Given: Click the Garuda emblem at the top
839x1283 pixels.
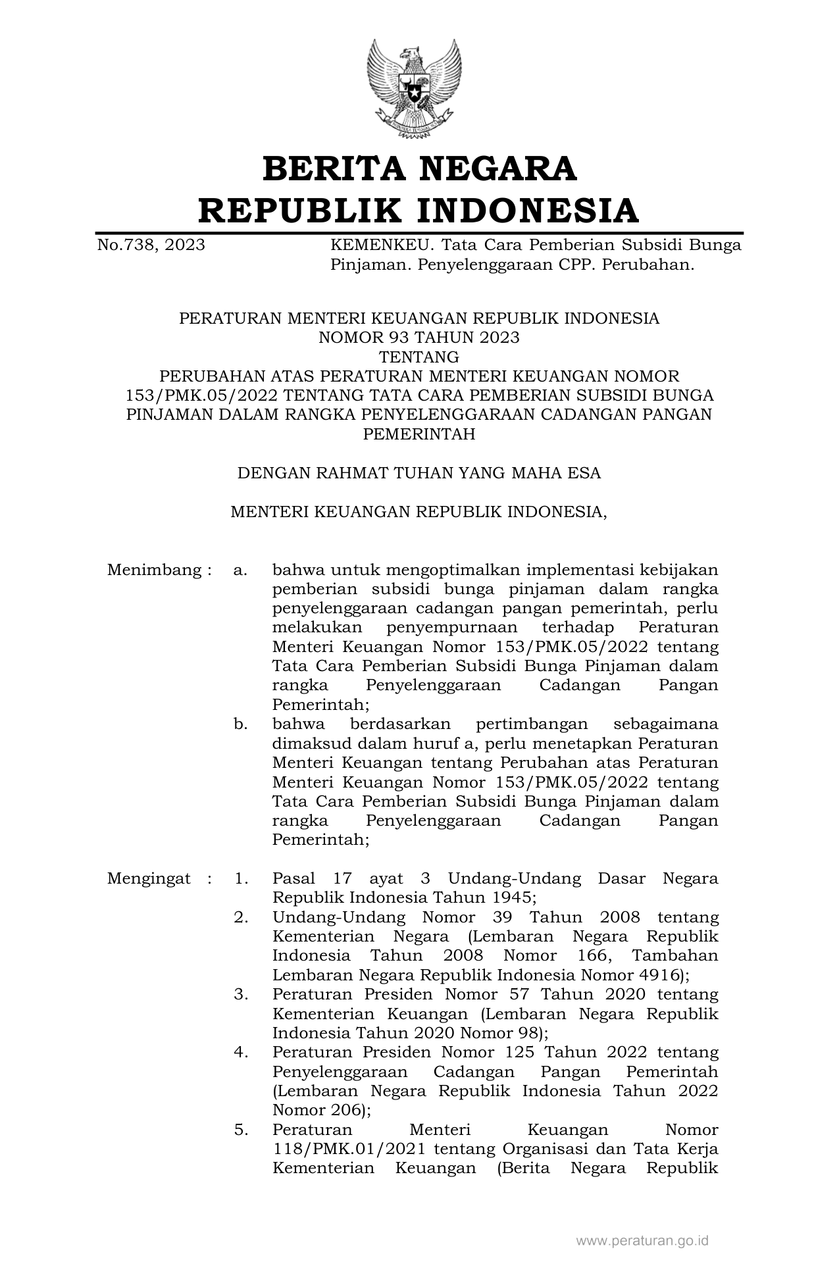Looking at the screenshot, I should point(414,89).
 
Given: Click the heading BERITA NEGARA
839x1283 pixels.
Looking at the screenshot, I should point(419,168).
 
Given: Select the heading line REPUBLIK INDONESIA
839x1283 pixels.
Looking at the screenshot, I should point(419,211).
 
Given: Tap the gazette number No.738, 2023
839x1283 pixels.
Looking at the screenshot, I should point(151,245).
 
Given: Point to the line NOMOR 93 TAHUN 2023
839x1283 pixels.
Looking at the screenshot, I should point(419,338).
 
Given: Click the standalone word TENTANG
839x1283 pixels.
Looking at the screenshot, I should point(419,357).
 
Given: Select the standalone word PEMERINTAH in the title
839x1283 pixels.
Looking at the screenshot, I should point(419,434).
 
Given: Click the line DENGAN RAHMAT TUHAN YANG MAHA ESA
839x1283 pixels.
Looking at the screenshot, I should point(419,473).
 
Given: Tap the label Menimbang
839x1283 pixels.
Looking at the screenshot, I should point(154,570).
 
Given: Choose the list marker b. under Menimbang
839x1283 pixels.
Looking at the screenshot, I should point(240,724).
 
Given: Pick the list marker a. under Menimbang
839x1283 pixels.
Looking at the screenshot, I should point(240,570).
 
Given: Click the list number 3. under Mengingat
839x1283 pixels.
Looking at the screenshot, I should point(241,994).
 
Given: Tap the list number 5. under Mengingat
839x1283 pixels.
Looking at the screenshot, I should point(241,1130).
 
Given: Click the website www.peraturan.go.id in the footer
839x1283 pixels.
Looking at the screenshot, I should point(642,1241).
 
